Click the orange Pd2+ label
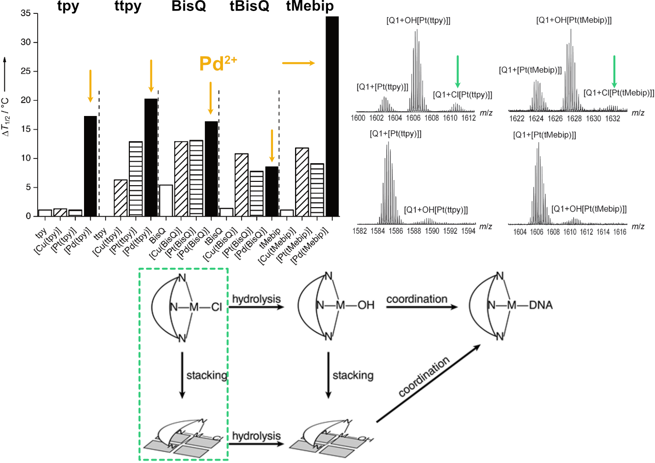(218, 63)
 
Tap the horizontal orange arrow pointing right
(298, 63)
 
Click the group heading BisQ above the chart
(189, 6)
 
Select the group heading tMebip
(309, 6)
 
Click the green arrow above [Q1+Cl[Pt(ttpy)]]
(457, 72)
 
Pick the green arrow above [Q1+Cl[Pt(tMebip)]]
(614, 72)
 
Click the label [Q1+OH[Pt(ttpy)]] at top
(418, 21)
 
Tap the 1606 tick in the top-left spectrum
(413, 118)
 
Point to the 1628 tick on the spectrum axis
(574, 118)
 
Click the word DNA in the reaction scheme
(540, 305)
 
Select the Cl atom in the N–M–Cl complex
(217, 307)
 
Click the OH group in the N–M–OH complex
(366, 305)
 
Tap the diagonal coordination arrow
(428, 384)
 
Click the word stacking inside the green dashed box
(207, 375)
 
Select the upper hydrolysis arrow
(257, 306)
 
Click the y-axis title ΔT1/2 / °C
(6, 117)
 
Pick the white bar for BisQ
(166, 200)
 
